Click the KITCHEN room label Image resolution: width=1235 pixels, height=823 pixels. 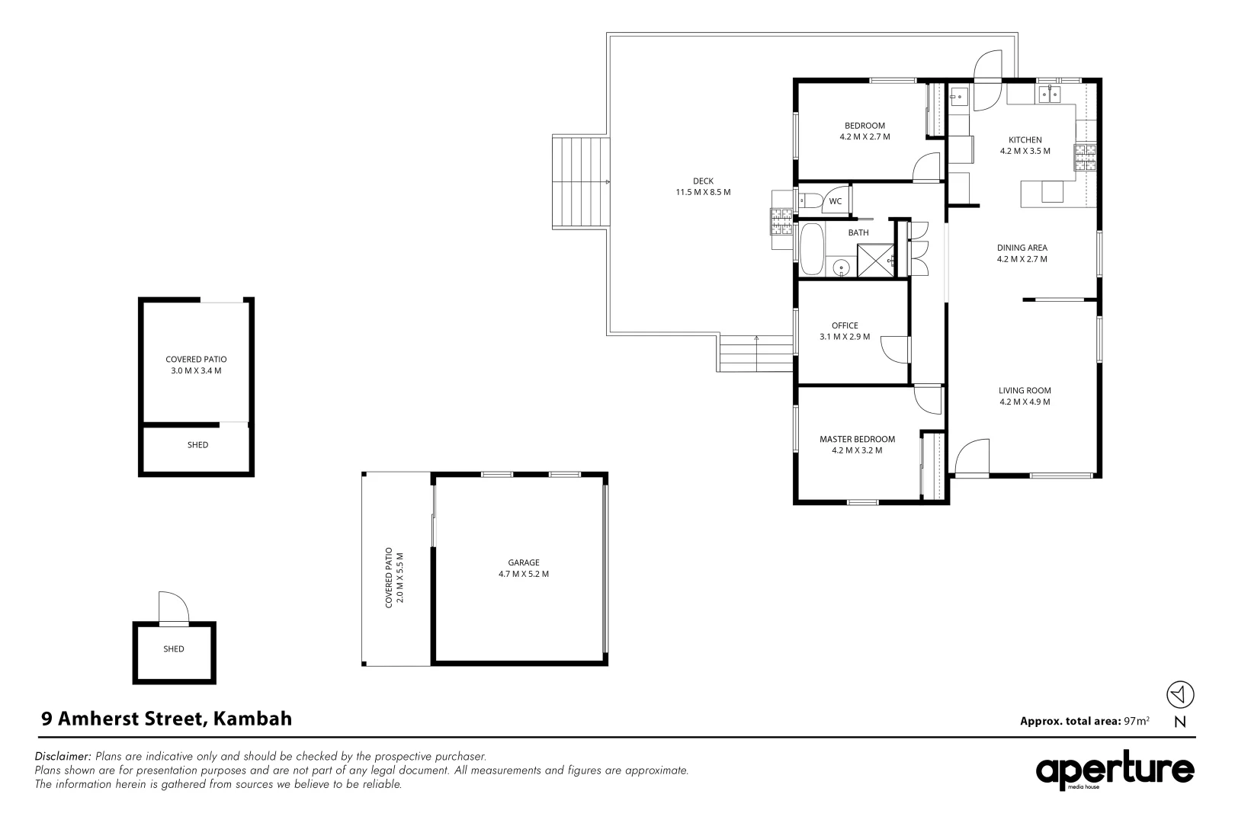[x=1025, y=140]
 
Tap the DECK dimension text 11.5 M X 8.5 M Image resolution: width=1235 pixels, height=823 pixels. [x=703, y=192]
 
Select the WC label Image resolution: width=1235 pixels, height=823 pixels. [x=836, y=202]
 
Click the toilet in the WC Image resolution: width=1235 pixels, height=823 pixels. [x=810, y=201]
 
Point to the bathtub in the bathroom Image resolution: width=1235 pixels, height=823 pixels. [x=812, y=249]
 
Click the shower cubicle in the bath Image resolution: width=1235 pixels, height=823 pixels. [x=876, y=260]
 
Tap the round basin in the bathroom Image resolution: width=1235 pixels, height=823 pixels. [x=841, y=267]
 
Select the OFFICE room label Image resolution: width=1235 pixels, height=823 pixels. [x=845, y=325]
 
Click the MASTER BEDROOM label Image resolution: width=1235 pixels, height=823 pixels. [x=857, y=439]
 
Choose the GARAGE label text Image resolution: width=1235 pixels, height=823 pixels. [x=524, y=562]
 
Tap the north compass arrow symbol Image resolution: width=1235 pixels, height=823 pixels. [x=1180, y=694]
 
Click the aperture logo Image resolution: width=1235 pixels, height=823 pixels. [x=1115, y=772]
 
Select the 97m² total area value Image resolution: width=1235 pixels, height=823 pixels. [x=1137, y=720]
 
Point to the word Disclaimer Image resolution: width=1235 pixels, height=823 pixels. [x=63, y=757]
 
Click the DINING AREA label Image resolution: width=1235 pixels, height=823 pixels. [x=1022, y=248]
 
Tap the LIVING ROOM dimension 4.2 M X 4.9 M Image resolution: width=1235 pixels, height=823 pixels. [x=1025, y=402]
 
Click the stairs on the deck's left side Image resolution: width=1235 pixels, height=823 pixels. [x=581, y=183]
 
